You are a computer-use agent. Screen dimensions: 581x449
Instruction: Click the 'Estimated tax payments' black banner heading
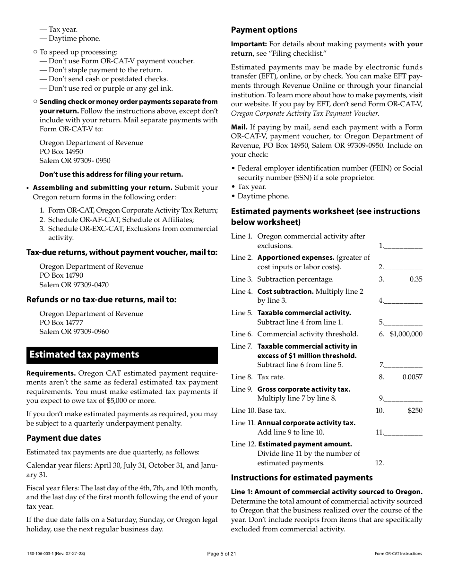tap(84, 355)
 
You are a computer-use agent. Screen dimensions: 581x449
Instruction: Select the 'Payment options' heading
tap(264, 30)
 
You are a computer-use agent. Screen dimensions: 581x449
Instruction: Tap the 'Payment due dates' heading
tap(63, 438)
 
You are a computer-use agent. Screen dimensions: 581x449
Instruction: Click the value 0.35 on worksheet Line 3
tap(416, 279)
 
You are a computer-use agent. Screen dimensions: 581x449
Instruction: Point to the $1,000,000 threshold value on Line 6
tap(406, 334)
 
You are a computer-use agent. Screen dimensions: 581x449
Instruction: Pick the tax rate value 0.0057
tap(412, 377)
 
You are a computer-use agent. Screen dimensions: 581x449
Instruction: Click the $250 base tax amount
tap(415, 410)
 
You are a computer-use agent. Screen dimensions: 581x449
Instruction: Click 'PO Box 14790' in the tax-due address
tap(61, 275)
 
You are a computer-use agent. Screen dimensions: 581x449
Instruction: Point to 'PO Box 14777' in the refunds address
tap(61, 323)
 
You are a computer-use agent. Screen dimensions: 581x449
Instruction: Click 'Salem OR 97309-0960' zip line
tap(74, 332)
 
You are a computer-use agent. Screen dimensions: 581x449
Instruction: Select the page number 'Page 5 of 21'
tap(222, 554)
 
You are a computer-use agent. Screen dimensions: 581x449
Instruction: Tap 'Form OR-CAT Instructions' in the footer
tap(398, 554)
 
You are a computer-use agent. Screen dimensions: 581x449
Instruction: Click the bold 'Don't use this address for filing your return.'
tap(111, 174)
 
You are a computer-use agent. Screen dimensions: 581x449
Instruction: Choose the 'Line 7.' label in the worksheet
tap(242, 346)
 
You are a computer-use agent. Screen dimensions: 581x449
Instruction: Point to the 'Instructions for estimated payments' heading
tap(302, 478)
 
